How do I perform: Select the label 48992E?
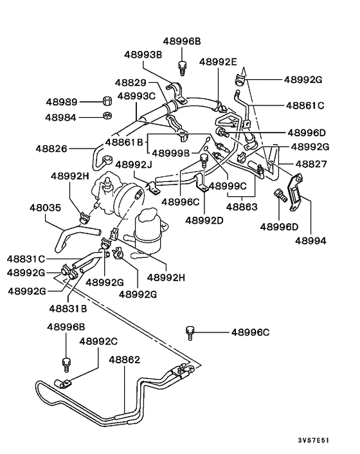(x=218, y=62)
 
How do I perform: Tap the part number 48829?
(x=131, y=82)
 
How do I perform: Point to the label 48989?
(x=62, y=102)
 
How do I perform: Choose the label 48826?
(x=51, y=149)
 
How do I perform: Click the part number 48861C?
(x=305, y=104)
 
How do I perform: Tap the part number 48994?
(x=310, y=241)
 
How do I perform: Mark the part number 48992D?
(x=204, y=221)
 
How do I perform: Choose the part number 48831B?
(x=67, y=308)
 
